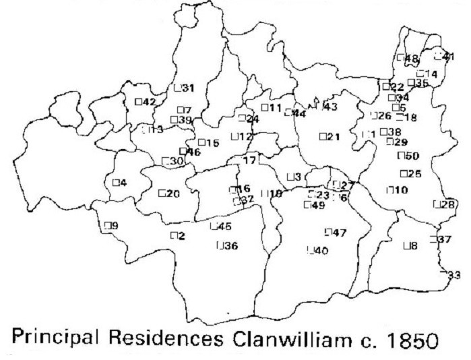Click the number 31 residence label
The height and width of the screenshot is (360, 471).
(188, 88)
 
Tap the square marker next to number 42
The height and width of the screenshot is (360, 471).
(139, 102)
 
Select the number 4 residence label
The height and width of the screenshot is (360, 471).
(123, 182)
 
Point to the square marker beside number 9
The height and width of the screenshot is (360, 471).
(105, 226)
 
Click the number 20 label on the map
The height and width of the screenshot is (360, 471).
(173, 193)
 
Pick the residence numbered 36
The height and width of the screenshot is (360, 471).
(230, 246)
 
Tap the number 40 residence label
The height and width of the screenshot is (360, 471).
(321, 251)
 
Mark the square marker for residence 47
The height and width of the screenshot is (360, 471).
(327, 233)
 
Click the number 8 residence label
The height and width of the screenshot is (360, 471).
(414, 246)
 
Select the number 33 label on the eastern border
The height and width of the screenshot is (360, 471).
(454, 274)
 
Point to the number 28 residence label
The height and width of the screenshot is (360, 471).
(448, 204)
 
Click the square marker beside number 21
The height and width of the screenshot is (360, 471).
(322, 137)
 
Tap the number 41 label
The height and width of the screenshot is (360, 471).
(447, 57)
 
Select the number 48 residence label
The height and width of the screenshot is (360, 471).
(412, 59)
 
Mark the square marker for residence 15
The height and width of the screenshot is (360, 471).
(201, 142)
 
